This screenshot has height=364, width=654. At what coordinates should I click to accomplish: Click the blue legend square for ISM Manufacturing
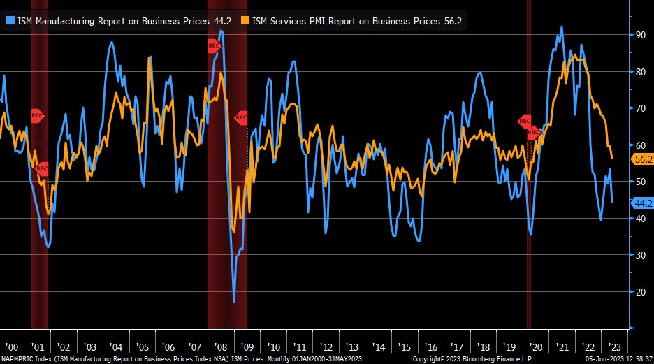pos(10,21)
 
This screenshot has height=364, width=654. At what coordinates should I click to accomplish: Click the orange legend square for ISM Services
pos(245,21)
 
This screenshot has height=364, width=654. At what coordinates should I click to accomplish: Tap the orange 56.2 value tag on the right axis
pos(642,159)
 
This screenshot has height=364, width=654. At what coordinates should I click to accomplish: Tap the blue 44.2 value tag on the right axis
pos(642,203)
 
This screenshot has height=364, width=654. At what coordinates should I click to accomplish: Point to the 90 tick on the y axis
pos(639,34)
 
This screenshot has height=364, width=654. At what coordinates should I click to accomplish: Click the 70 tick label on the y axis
pos(639,108)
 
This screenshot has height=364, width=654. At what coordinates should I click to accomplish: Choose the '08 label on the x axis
pos(221,347)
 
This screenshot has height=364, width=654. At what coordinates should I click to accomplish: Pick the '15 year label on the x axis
pos(405,347)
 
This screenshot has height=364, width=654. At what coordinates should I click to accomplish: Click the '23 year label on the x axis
pos(613,347)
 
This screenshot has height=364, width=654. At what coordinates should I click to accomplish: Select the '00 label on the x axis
pos(12,347)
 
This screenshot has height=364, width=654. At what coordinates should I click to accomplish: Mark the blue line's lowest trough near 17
pos(234,301)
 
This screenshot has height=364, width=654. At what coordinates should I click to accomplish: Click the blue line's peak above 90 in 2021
pos(562,27)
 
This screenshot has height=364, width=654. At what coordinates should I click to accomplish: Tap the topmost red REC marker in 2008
pos(214,46)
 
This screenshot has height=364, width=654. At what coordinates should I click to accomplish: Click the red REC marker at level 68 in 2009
pos(241,118)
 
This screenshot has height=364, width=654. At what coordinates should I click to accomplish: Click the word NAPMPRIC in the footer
pos(17,359)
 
